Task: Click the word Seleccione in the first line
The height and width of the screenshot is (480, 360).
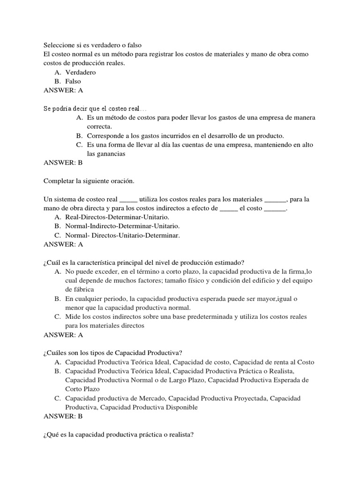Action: click(60, 45)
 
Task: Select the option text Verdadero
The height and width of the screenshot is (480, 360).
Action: click(81, 72)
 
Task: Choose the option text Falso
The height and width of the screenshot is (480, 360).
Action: click(73, 81)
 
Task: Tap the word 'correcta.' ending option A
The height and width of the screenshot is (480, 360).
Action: click(99, 127)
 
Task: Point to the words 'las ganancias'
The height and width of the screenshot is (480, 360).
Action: click(106, 154)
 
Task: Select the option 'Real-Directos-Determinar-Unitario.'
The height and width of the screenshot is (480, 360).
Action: click(117, 217)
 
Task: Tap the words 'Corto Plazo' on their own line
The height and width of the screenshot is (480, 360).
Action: click(82, 389)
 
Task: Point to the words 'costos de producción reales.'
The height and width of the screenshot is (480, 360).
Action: click(84, 63)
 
